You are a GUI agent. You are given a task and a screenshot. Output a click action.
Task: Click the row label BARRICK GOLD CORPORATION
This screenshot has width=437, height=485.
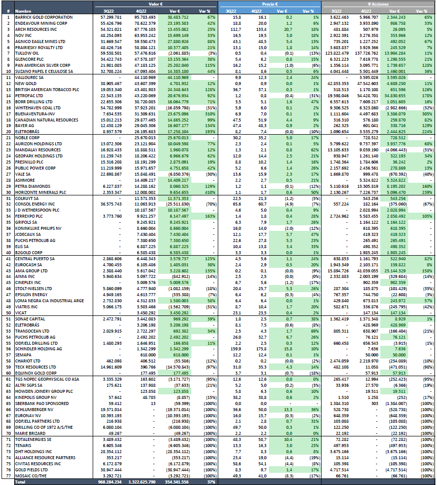click(x=37, y=17)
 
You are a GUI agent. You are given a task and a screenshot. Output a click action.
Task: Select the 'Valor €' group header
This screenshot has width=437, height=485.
click(x=155, y=4)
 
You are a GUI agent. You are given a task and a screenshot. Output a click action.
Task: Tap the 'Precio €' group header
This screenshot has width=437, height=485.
click(x=269, y=4)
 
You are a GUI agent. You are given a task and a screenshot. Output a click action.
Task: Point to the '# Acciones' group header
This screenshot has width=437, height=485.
click(x=378, y=4)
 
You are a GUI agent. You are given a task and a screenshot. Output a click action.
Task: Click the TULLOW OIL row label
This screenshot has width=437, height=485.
click(x=26, y=53)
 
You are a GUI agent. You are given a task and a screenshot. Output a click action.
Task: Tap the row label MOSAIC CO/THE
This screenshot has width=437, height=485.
click(x=31, y=475)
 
